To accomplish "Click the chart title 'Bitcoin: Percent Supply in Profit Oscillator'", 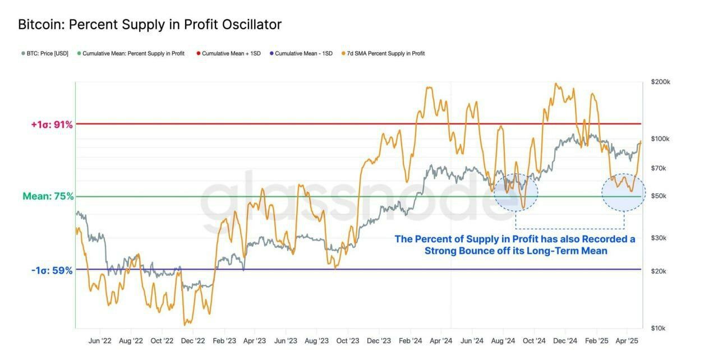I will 150,25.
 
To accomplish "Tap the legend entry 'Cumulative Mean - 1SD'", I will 303,54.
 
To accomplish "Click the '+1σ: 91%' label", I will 52,124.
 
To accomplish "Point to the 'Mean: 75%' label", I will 48,196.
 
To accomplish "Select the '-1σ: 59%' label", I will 52,270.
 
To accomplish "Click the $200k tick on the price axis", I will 660,82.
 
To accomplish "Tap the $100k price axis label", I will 660,139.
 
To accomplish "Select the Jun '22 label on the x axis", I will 100,340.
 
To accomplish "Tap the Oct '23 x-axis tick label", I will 348,340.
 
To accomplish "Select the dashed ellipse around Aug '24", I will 516,192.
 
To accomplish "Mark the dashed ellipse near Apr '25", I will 624,192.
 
